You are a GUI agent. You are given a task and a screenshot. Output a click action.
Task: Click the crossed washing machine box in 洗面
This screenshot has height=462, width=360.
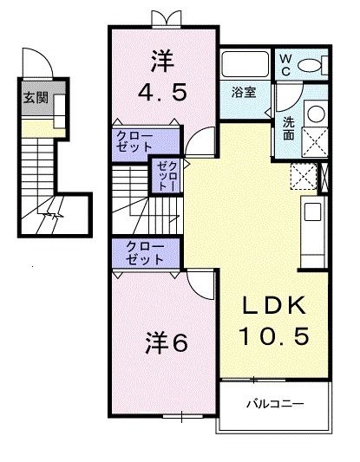click(x=315, y=140)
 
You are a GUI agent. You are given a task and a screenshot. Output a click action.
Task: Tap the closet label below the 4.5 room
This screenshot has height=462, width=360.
click(x=134, y=143)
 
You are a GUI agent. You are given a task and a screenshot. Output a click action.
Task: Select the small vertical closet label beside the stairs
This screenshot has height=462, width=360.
click(x=165, y=177)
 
